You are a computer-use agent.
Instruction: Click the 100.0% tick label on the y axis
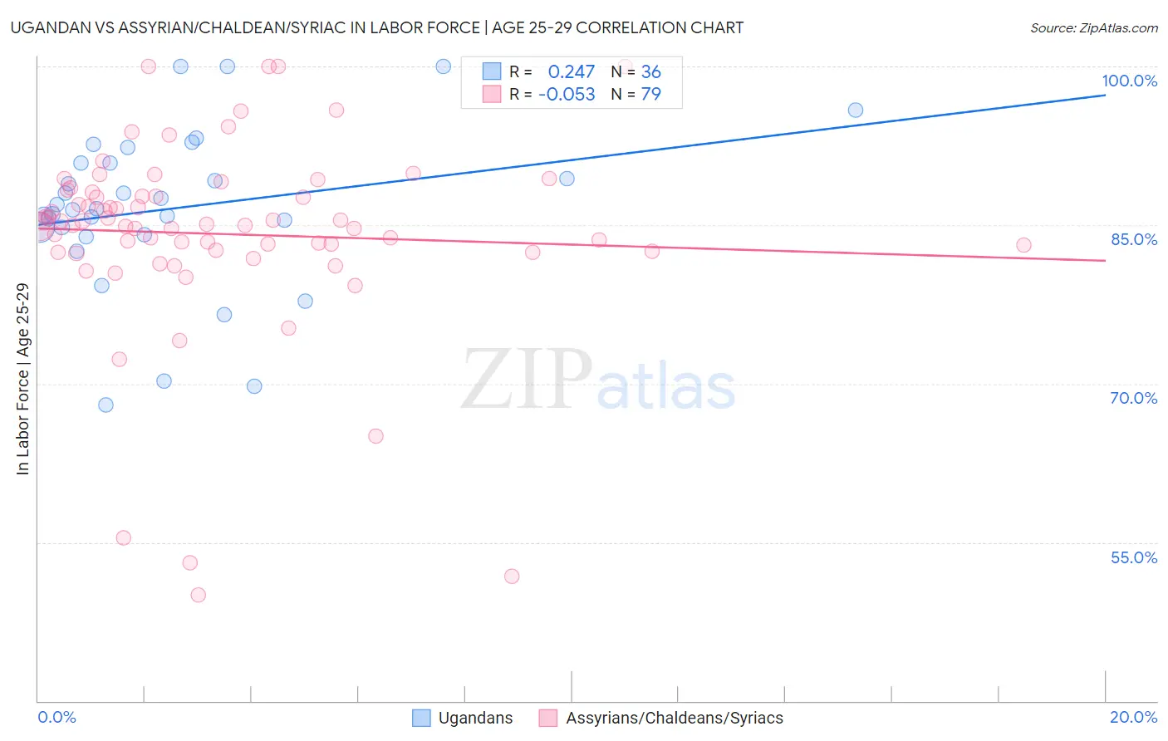click(x=1129, y=81)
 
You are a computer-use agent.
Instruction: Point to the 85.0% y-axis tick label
click(x=1134, y=239)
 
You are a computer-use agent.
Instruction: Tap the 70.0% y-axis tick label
click(x=1134, y=398)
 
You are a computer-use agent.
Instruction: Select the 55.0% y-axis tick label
click(x=1134, y=557)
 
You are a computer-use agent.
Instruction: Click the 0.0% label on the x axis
click(x=56, y=717)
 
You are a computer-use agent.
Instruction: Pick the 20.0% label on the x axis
click(x=1133, y=717)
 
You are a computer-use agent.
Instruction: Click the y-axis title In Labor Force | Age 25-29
click(x=22, y=379)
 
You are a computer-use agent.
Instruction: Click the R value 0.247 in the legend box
click(x=571, y=72)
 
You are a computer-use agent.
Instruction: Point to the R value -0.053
click(x=567, y=95)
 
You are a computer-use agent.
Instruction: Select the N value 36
click(x=650, y=72)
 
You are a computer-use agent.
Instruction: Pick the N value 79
click(x=650, y=95)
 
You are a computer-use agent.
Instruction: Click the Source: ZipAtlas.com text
click(x=1093, y=28)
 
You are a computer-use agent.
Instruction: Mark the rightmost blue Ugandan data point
click(x=855, y=110)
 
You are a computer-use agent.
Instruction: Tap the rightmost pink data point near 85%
click(x=1023, y=245)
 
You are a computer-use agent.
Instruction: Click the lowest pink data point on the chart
click(x=198, y=595)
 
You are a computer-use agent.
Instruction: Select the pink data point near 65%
click(x=375, y=436)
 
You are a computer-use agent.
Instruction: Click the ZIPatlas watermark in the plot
click(x=598, y=380)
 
